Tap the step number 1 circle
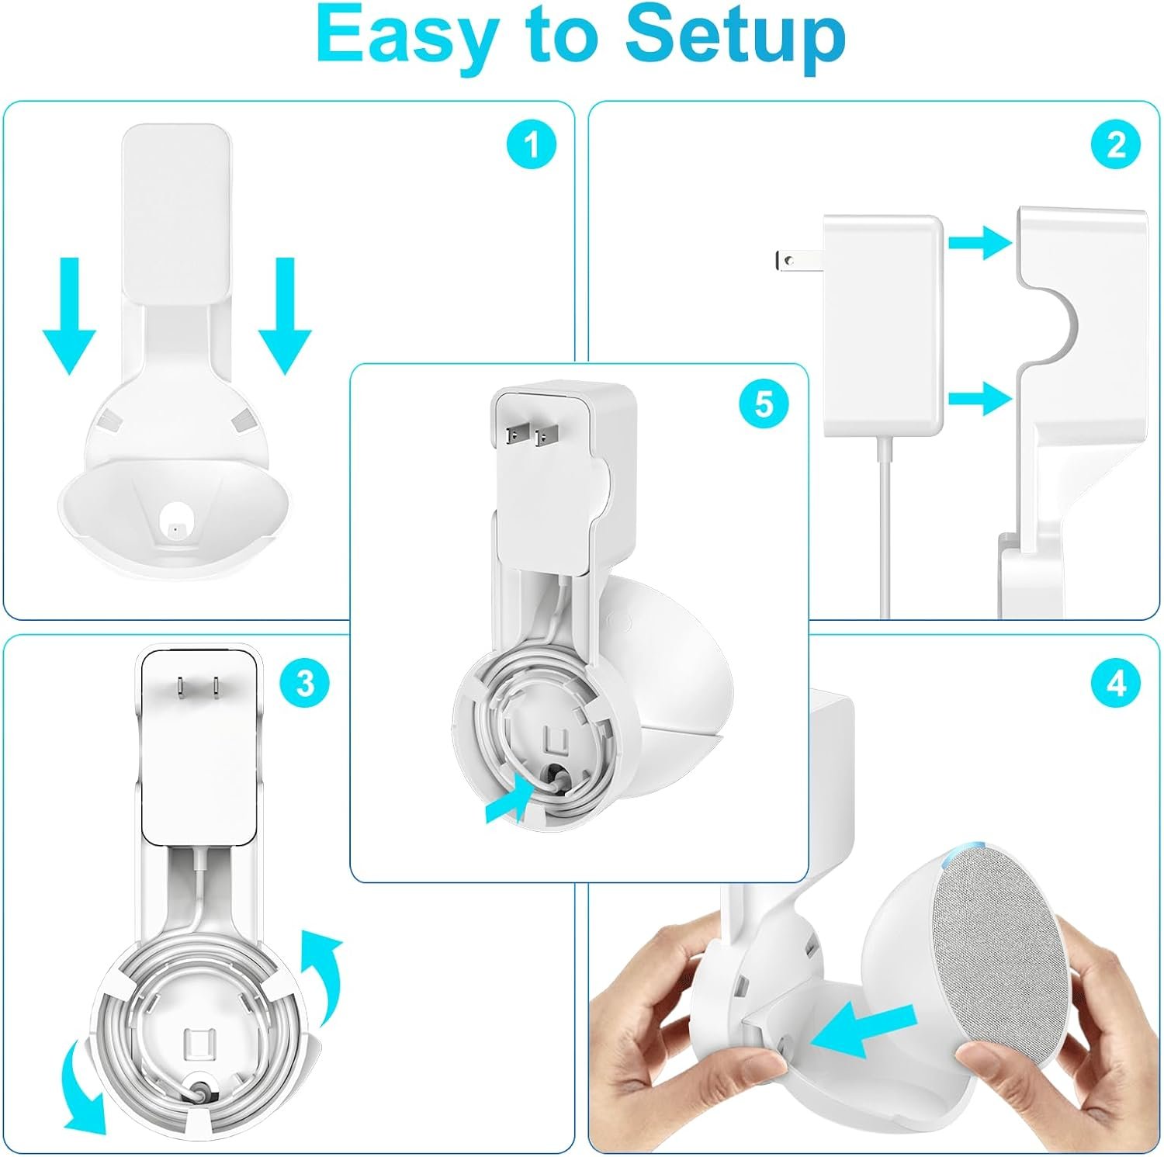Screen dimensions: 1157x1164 532,144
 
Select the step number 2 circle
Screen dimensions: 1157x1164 1116,144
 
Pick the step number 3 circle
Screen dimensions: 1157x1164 305,683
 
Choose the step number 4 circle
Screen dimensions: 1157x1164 1116,684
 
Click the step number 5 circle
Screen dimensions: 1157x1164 764,404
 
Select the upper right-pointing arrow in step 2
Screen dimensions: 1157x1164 980,243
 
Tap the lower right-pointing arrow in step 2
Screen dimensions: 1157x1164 980,399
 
